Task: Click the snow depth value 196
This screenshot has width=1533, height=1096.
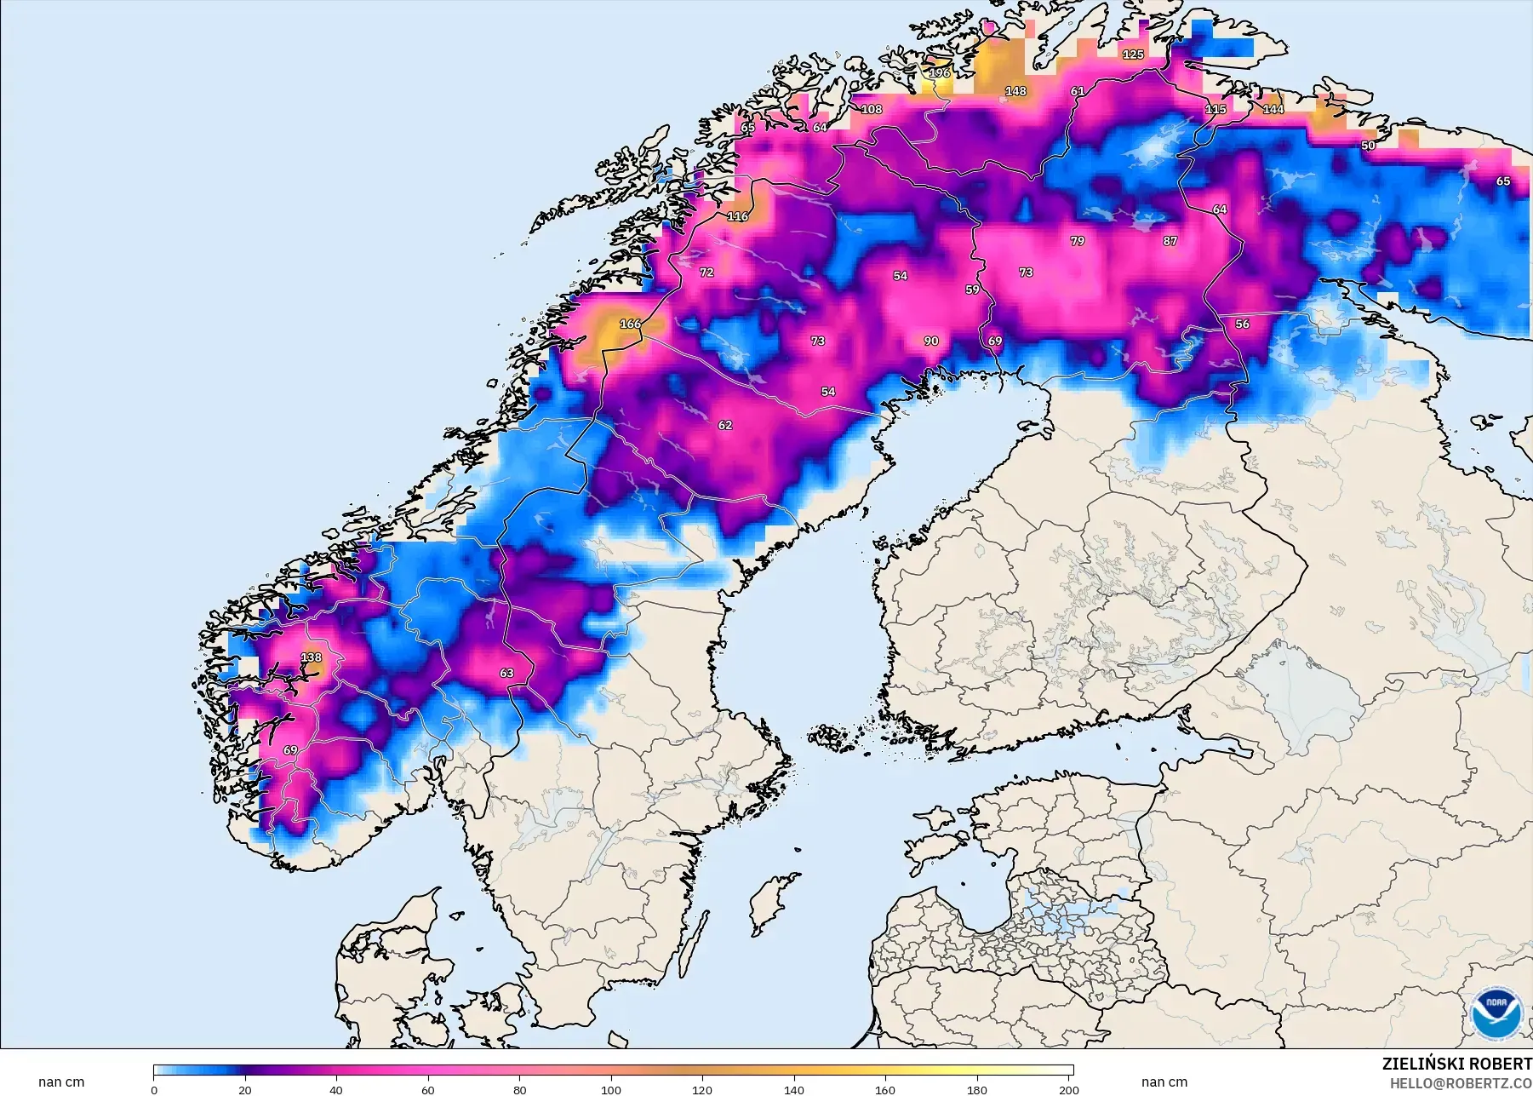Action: [939, 73]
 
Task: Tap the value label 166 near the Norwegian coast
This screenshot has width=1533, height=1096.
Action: [630, 324]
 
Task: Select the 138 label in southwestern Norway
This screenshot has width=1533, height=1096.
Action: [312, 657]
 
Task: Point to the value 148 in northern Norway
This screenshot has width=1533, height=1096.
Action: [1015, 91]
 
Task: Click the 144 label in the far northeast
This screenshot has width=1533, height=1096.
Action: [1273, 109]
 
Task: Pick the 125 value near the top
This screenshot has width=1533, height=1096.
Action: [1133, 55]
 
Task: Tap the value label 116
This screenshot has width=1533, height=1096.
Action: [737, 216]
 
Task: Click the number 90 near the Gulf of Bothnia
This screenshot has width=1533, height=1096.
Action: [931, 341]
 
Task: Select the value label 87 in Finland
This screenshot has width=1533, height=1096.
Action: [1170, 241]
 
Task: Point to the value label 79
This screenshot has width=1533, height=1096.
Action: [1078, 241]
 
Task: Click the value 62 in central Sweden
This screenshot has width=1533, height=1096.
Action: [724, 425]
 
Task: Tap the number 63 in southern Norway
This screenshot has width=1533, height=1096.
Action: [506, 673]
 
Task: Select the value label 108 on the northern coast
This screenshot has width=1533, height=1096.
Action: [872, 109]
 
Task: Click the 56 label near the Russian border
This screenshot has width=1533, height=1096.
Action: [1242, 324]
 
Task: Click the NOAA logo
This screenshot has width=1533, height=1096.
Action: [1495, 1013]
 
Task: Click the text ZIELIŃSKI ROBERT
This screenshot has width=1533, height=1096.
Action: [1456, 1064]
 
